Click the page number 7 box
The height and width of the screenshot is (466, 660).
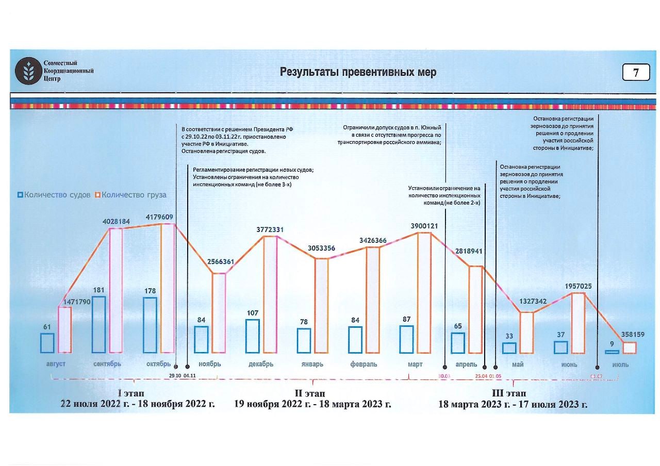(636, 73)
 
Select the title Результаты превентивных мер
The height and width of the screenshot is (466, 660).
(358, 72)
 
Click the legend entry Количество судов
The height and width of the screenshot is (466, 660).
(54, 195)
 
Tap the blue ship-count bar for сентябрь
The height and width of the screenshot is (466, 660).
(98, 325)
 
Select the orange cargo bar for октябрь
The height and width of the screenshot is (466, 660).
(168, 289)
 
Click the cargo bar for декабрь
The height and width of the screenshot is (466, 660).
(270, 295)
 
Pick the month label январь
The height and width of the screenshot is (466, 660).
(312, 364)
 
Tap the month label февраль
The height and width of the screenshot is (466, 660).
(364, 364)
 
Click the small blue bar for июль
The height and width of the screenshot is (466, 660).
(612, 352)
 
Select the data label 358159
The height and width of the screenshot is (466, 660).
(630, 334)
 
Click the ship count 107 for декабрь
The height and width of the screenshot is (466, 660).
(252, 313)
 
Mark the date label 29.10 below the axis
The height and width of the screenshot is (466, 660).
(175, 376)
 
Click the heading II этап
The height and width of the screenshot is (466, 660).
(312, 394)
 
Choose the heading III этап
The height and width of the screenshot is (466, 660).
(513, 394)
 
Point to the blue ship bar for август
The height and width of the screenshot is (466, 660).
(47, 343)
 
